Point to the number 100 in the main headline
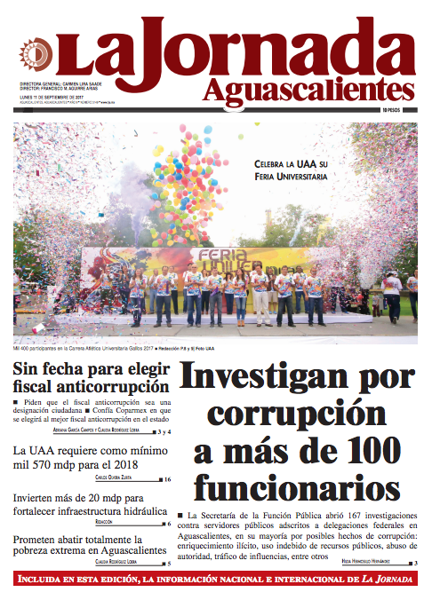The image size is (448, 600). (361, 451)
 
